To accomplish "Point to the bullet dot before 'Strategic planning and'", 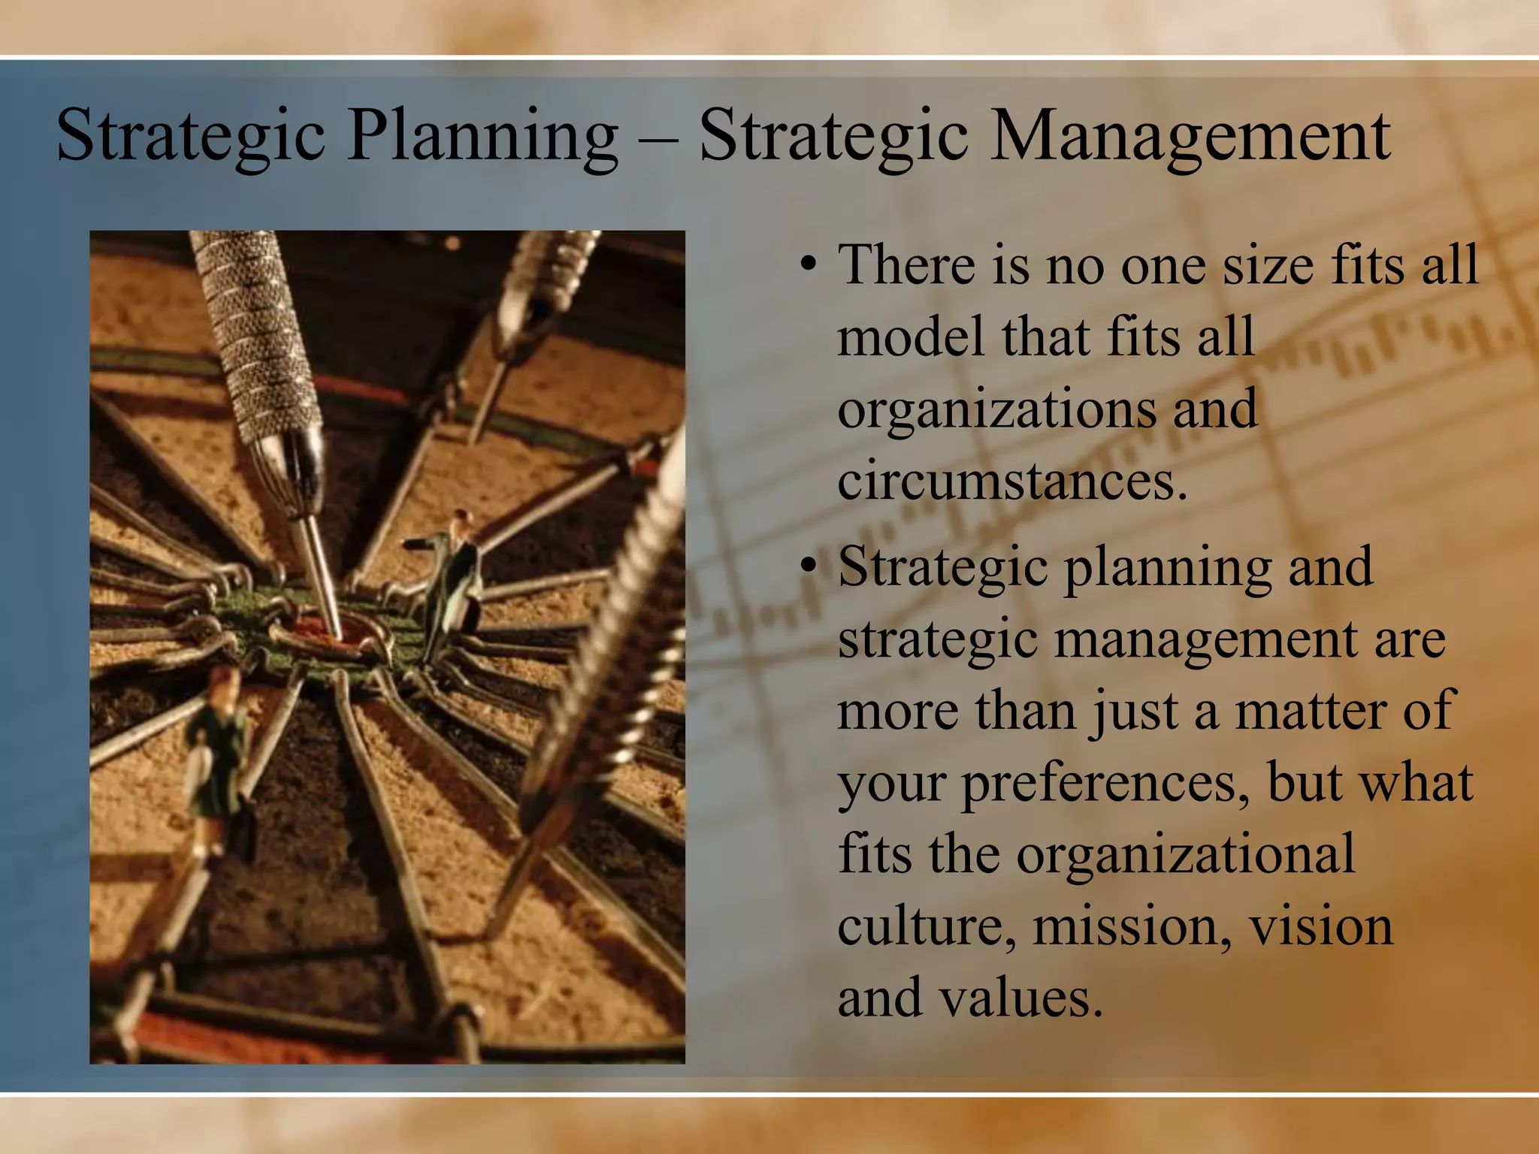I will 808,566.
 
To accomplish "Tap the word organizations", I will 996,409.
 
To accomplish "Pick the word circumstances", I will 1011,481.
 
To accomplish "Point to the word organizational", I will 1185,854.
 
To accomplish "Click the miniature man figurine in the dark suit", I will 455,579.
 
